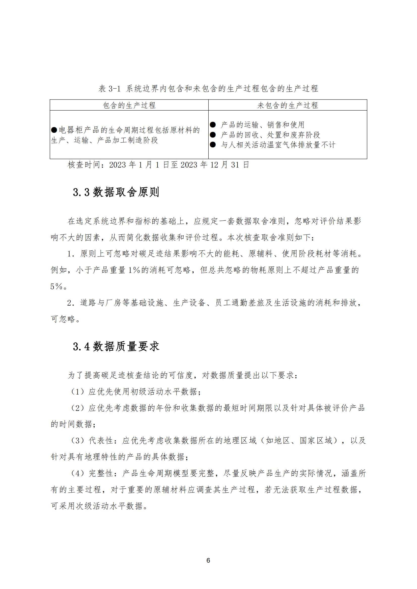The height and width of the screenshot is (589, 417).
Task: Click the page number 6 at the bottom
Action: click(208, 561)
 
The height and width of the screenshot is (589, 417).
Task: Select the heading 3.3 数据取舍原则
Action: click(116, 192)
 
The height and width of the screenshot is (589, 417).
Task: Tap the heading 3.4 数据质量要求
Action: click(116, 347)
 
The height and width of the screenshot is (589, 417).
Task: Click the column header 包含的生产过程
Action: click(129, 106)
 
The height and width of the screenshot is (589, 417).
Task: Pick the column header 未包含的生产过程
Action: click(288, 106)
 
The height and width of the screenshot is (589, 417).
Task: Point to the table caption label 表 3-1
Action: click(109, 89)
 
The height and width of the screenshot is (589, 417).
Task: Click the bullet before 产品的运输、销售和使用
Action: click(213, 125)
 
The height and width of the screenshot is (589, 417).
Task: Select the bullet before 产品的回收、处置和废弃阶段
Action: click(213, 135)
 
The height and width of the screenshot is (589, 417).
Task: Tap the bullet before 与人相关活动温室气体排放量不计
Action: click(213, 145)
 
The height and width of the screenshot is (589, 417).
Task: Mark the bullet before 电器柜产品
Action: click(54, 130)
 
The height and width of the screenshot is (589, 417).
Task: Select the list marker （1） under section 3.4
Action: click(78, 392)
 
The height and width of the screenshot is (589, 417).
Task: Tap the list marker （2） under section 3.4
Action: click(78, 408)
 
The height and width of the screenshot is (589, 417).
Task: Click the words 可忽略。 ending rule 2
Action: click(65, 319)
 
